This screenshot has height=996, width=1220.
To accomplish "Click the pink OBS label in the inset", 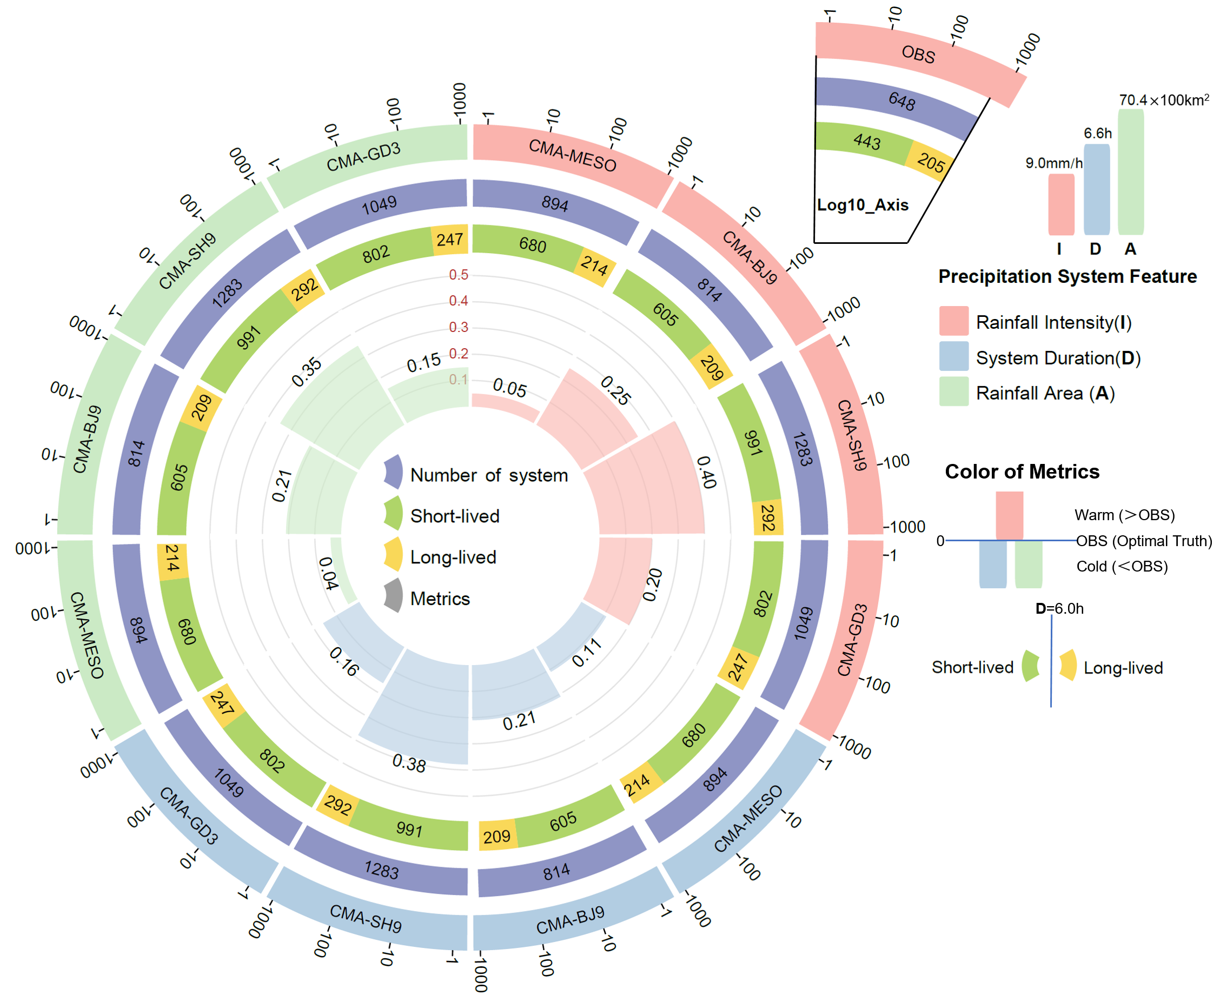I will (918, 54).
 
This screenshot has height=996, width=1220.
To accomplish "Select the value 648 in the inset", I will (901, 102).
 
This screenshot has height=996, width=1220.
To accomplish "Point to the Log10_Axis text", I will (863, 205).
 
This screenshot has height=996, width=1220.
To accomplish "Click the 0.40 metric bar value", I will (706, 472).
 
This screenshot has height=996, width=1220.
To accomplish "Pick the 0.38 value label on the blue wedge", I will (409, 763).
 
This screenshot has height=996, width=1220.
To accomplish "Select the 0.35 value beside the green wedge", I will (307, 372).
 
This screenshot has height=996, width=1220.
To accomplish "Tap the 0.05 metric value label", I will (509, 388).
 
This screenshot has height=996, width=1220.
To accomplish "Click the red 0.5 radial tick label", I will (459, 275).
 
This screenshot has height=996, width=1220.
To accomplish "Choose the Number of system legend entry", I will (489, 475).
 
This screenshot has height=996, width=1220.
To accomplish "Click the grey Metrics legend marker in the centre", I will (394, 595).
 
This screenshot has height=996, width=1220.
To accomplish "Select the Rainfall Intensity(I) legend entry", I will (1053, 322).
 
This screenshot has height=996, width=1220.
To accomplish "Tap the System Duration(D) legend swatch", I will (954, 357).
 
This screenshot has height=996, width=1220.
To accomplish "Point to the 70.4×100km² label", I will (1163, 101).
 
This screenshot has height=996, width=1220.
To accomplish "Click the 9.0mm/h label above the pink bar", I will (1053, 163).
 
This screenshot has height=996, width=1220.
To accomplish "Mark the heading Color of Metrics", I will (1022, 472).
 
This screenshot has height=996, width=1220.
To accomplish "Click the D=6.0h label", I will (1059, 609).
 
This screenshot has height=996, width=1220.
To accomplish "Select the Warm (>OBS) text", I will (1124, 515).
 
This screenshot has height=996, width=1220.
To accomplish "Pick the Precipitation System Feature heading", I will (1067, 276).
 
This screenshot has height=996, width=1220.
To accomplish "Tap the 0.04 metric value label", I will (328, 573).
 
